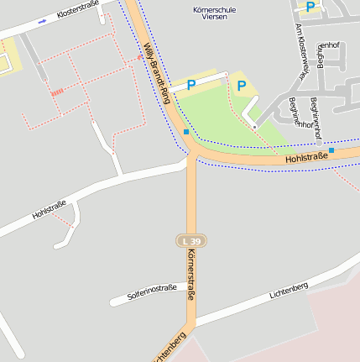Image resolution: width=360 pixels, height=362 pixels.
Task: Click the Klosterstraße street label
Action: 78,11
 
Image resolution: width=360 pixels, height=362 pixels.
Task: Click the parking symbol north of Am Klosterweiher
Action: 310,7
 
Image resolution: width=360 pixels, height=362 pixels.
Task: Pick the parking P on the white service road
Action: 191,85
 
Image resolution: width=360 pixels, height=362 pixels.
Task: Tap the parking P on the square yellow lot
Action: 242,86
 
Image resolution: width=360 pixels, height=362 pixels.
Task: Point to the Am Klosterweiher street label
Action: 300,55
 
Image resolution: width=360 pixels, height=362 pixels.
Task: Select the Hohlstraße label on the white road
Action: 50,210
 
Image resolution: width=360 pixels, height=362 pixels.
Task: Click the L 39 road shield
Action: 191,240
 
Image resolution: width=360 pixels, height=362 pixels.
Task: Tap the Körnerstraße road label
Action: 192,275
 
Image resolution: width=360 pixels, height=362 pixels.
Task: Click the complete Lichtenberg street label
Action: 289,291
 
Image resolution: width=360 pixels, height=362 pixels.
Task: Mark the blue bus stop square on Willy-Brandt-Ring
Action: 185,132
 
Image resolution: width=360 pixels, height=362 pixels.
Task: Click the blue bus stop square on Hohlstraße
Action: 331,150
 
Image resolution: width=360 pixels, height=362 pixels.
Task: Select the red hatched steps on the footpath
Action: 57,92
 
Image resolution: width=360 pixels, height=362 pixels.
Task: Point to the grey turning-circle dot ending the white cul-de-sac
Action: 255,127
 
